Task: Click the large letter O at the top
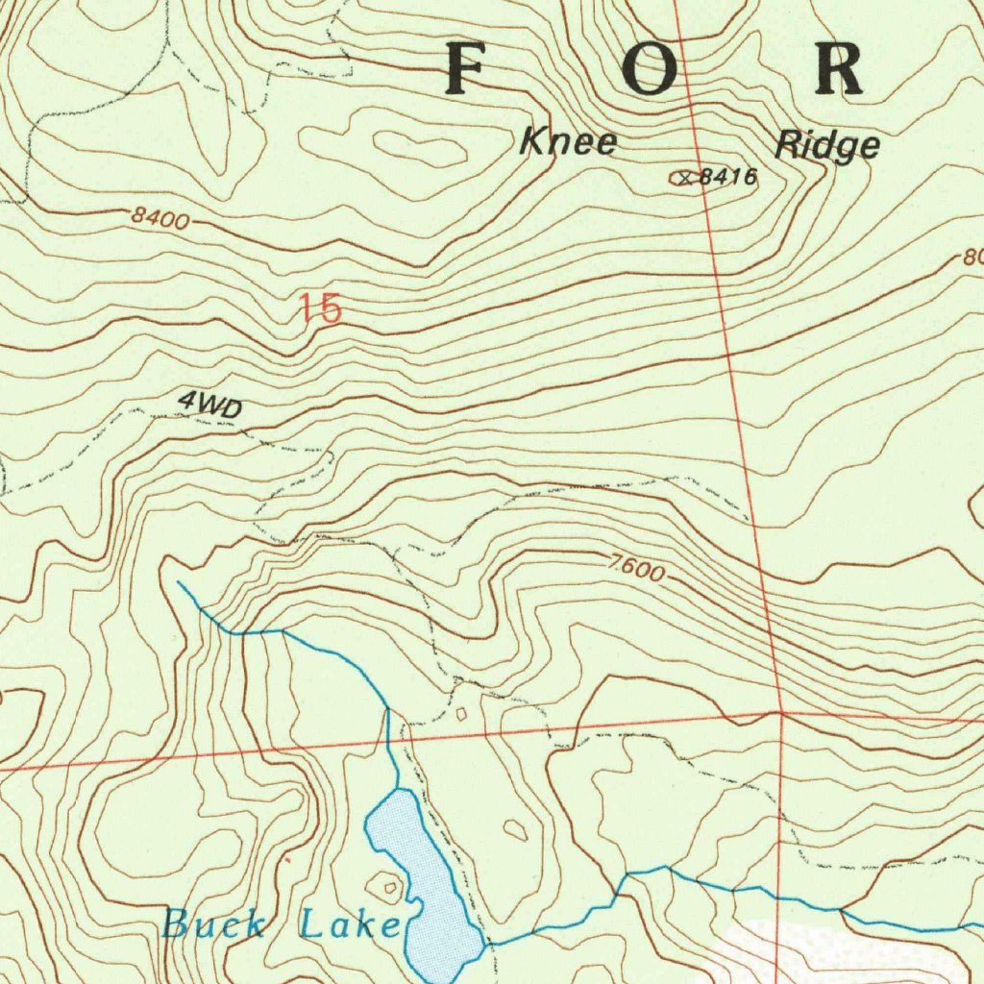(x=650, y=69)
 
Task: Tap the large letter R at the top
(x=838, y=69)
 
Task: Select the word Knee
(x=568, y=142)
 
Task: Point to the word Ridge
(x=826, y=144)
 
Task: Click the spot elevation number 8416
(x=727, y=177)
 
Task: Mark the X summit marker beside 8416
(x=684, y=177)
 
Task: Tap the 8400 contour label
(x=160, y=219)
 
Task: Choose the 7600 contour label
(x=635, y=569)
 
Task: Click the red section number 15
(x=319, y=309)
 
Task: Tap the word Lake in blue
(x=349, y=925)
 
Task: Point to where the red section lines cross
(x=782, y=714)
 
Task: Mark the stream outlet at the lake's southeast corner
(x=486, y=944)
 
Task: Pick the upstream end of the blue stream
(x=179, y=581)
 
